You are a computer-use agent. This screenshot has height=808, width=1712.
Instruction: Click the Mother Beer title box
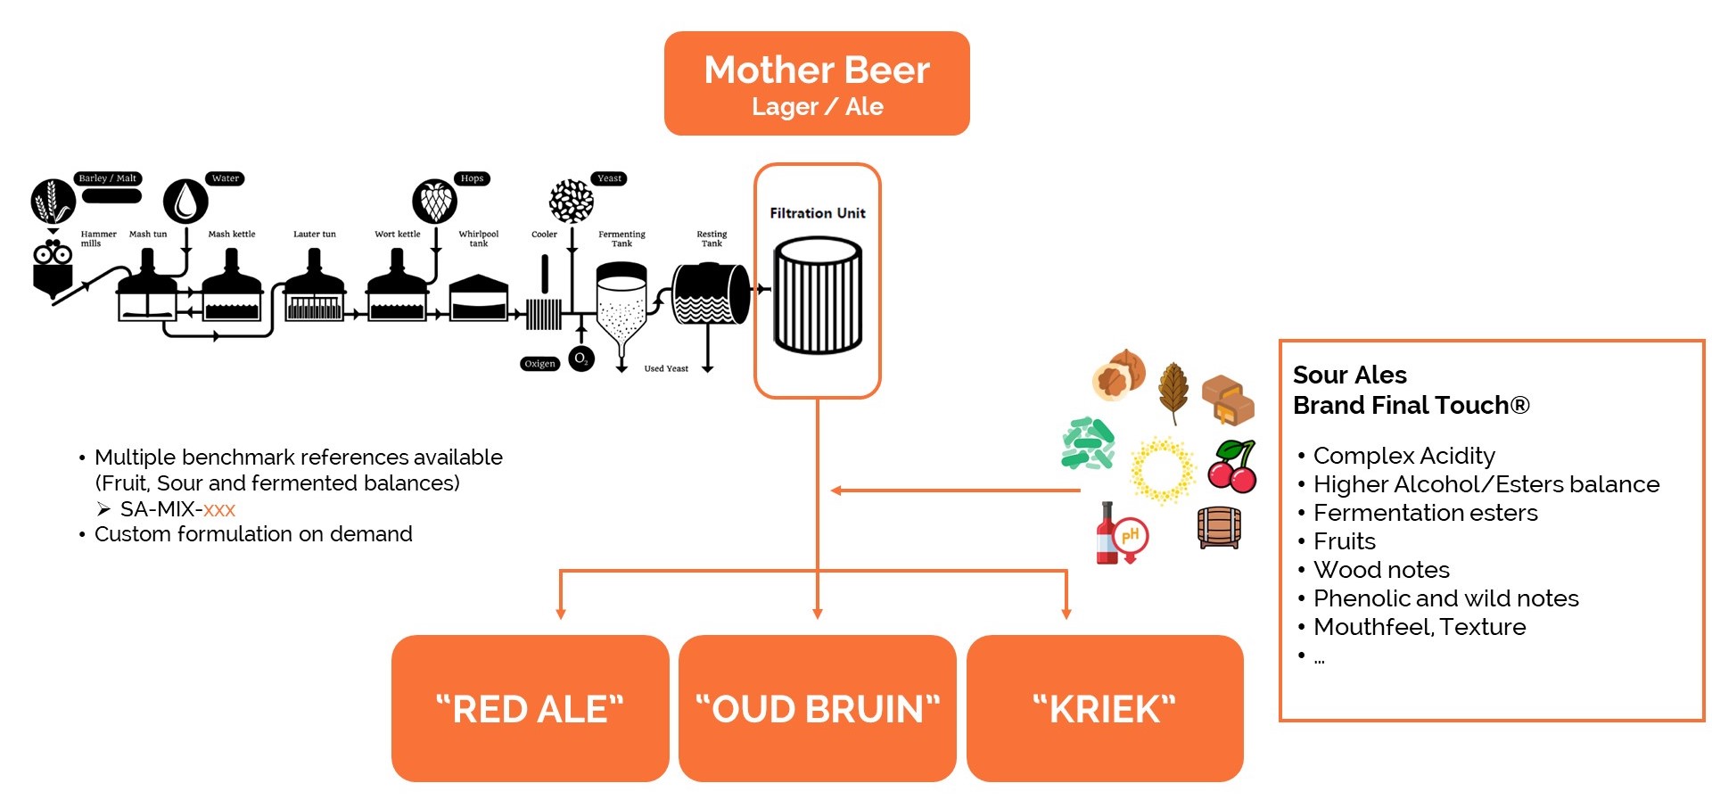(817, 84)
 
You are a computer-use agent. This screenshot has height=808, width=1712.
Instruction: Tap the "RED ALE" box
(530, 709)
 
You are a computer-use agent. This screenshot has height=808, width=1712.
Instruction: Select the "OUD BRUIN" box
(817, 709)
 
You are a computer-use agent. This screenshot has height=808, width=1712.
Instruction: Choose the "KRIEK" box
(1104, 709)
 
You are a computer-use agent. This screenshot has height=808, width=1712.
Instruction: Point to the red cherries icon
(1232, 466)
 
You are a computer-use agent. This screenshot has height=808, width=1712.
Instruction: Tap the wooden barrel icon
(1219, 528)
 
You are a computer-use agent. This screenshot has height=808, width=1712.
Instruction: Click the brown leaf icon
(1173, 392)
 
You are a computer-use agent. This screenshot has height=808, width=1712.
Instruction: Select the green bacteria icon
(1088, 444)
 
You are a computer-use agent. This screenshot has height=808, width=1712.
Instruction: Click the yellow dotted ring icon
(1163, 470)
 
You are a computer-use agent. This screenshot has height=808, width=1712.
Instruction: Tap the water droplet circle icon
(185, 201)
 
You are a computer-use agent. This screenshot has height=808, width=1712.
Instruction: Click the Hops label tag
(472, 178)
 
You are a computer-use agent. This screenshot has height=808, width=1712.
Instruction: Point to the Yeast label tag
(609, 178)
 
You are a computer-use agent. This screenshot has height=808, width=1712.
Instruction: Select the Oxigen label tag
(539, 364)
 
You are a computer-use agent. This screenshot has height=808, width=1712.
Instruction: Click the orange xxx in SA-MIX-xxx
(219, 509)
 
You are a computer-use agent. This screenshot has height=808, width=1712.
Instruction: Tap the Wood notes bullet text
(1381, 570)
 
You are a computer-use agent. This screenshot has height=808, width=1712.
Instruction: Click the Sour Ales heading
(1349, 375)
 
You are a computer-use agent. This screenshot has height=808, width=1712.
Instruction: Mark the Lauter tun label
(314, 235)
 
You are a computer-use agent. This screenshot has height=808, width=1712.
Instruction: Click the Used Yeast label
(666, 368)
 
